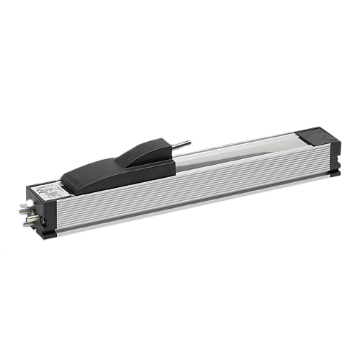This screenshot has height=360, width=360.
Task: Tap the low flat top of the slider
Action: point(94,174)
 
